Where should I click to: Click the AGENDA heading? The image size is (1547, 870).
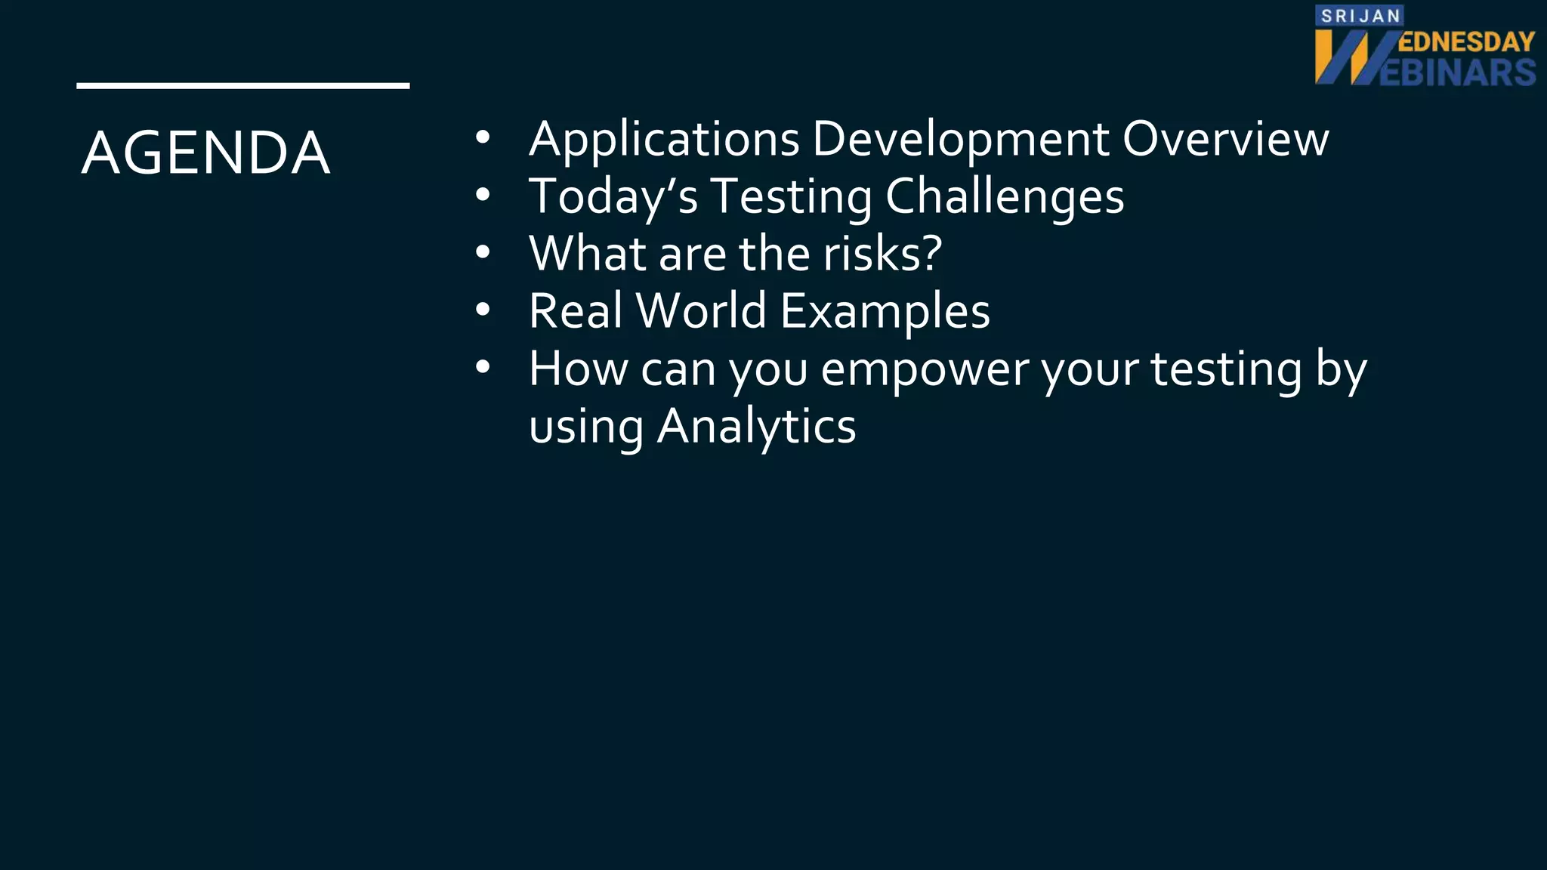click(x=205, y=153)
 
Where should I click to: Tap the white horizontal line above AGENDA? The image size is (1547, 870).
click(x=242, y=86)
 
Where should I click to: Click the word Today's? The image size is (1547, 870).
click(x=613, y=196)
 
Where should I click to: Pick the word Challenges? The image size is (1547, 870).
click(x=1004, y=196)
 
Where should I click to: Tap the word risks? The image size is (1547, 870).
click(x=882, y=254)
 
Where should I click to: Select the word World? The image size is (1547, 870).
click(x=702, y=310)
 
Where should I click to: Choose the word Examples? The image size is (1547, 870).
click(x=885, y=310)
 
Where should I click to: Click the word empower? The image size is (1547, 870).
click(x=925, y=369)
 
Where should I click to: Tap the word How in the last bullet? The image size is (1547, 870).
click(x=578, y=369)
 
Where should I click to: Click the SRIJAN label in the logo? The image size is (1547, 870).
click(x=1360, y=16)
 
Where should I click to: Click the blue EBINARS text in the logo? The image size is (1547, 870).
click(x=1458, y=72)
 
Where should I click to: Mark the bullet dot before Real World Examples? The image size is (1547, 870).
click(x=483, y=310)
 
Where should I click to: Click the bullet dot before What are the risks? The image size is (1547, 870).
click(x=483, y=252)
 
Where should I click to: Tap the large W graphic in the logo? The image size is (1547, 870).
click(x=1352, y=57)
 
